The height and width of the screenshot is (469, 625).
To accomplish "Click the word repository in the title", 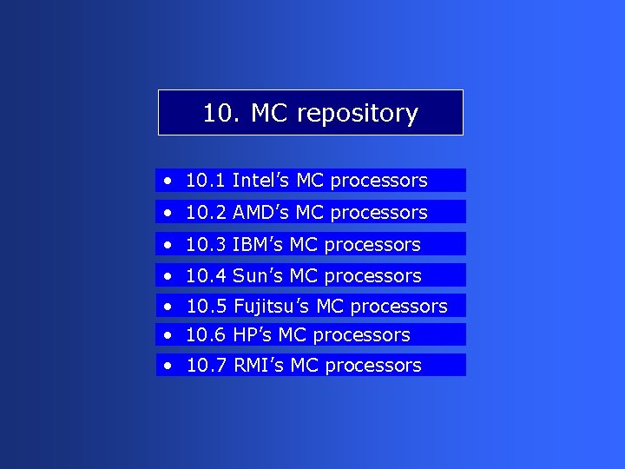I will [x=357, y=114].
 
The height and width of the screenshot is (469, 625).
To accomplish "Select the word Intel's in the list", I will [x=261, y=181].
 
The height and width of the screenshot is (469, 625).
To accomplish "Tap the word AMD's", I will [x=261, y=213].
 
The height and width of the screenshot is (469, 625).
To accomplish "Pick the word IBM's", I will [x=258, y=245].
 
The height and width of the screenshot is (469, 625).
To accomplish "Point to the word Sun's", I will [x=258, y=276].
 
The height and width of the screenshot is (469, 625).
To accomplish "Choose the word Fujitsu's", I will [x=272, y=307].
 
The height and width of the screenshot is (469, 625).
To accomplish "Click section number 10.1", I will [x=206, y=181].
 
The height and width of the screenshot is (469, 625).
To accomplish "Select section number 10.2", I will [x=206, y=213].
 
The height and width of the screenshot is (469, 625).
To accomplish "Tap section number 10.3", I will [x=206, y=245].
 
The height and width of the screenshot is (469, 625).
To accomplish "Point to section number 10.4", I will [x=206, y=276].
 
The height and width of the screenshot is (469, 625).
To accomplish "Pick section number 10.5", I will [x=206, y=307].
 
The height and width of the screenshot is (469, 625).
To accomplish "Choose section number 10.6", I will [x=206, y=335].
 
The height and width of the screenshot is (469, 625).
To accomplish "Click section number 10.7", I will [x=206, y=366].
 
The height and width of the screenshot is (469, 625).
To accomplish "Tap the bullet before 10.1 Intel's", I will [x=166, y=182].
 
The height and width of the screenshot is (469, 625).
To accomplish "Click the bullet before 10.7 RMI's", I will [x=166, y=367].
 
